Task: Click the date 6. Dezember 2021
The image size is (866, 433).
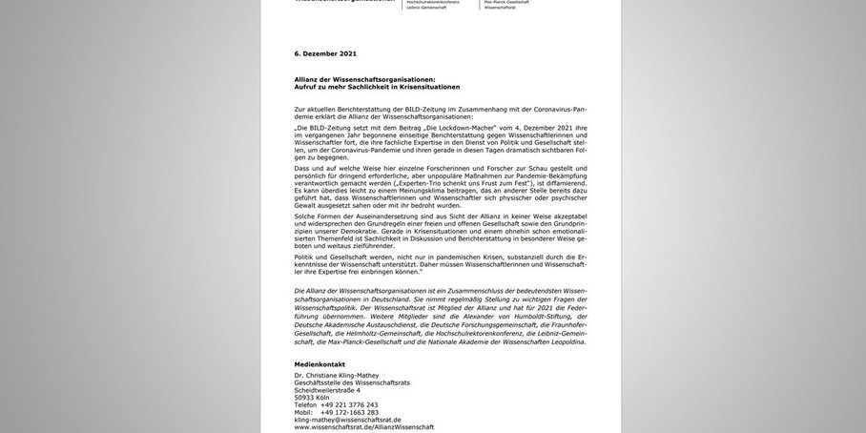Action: (325, 53)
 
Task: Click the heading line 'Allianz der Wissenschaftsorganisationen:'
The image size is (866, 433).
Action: (364, 79)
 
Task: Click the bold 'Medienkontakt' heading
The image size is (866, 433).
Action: (320, 364)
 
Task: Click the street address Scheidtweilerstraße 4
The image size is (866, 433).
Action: (327, 390)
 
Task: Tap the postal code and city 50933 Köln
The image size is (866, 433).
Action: (313, 398)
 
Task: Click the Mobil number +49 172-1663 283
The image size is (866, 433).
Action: (349, 412)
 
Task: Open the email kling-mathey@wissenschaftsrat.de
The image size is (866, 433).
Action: (347, 420)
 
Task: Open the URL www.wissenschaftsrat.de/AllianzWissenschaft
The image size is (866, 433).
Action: (363, 427)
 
